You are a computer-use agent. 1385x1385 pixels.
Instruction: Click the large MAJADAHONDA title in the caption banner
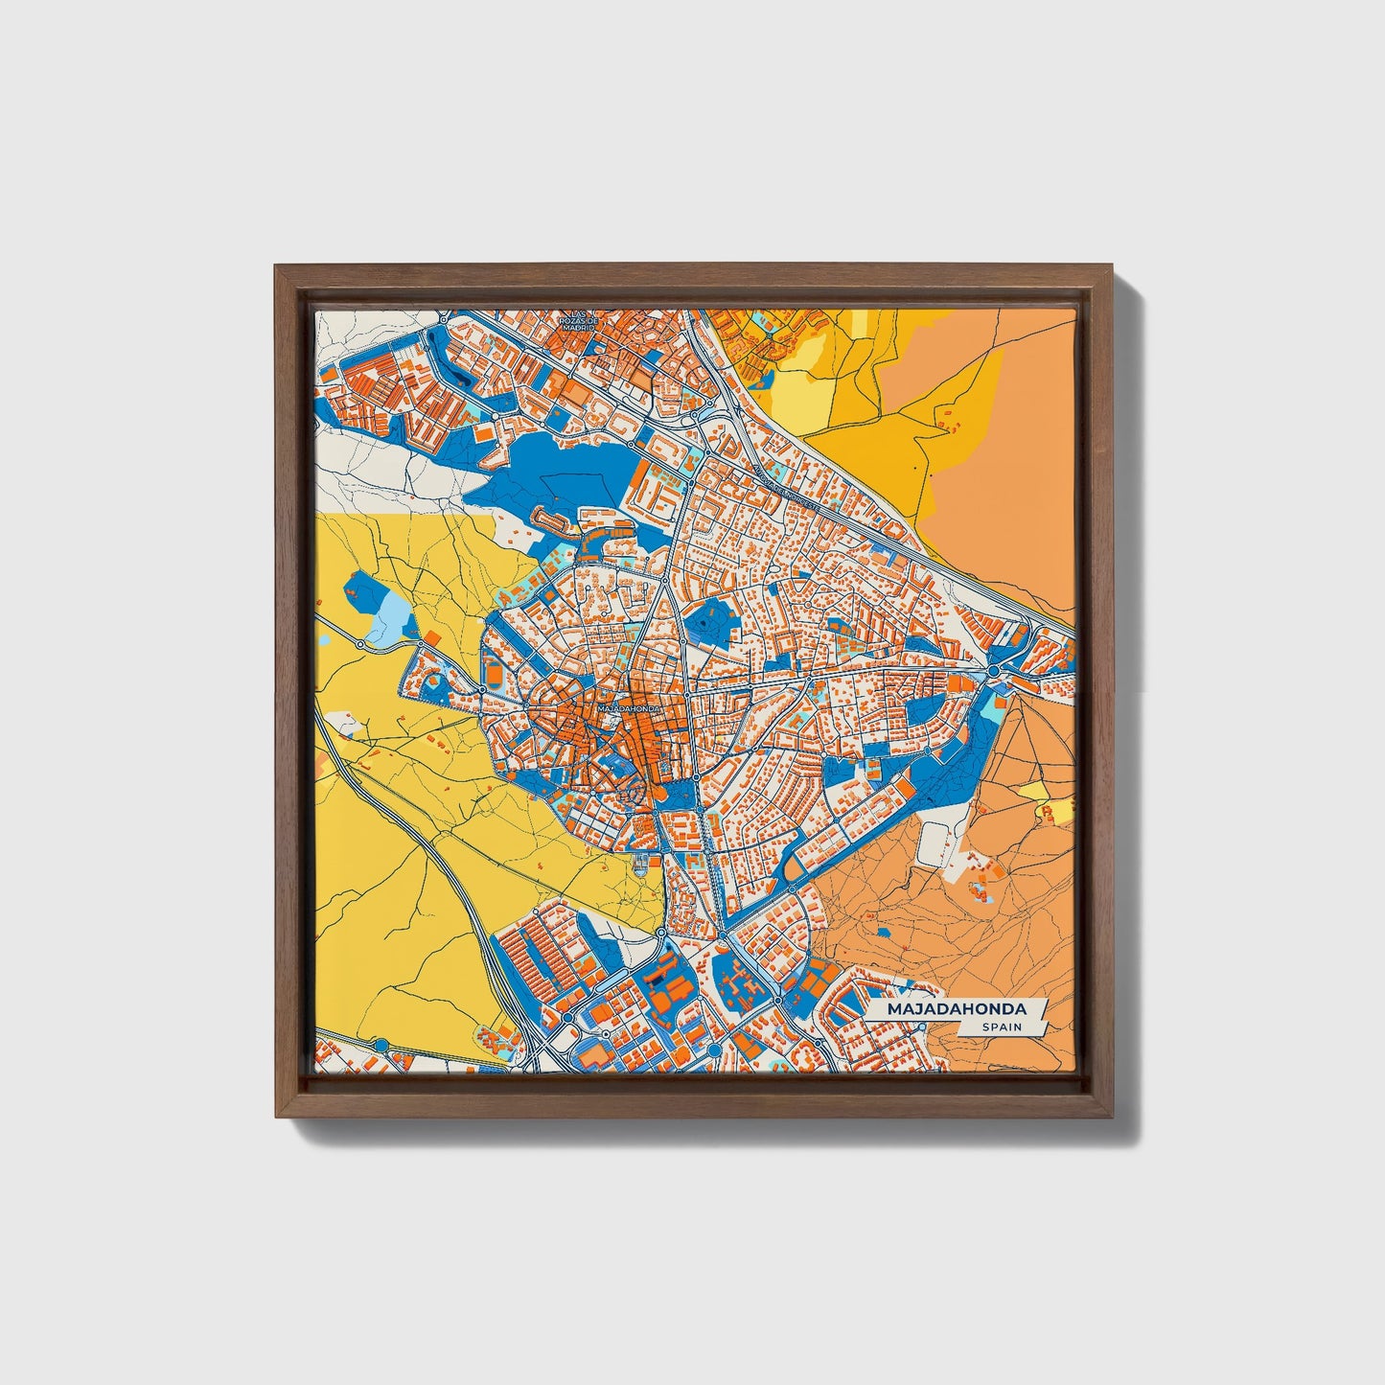click(x=956, y=1009)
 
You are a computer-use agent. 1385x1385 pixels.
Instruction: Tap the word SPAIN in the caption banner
click(x=1000, y=1027)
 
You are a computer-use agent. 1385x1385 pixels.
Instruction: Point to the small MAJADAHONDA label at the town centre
click(x=627, y=708)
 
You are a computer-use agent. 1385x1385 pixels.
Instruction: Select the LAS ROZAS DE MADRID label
click(x=577, y=320)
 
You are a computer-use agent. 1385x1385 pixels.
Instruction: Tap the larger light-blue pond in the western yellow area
click(x=389, y=618)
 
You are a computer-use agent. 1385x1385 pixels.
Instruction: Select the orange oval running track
click(x=495, y=674)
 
